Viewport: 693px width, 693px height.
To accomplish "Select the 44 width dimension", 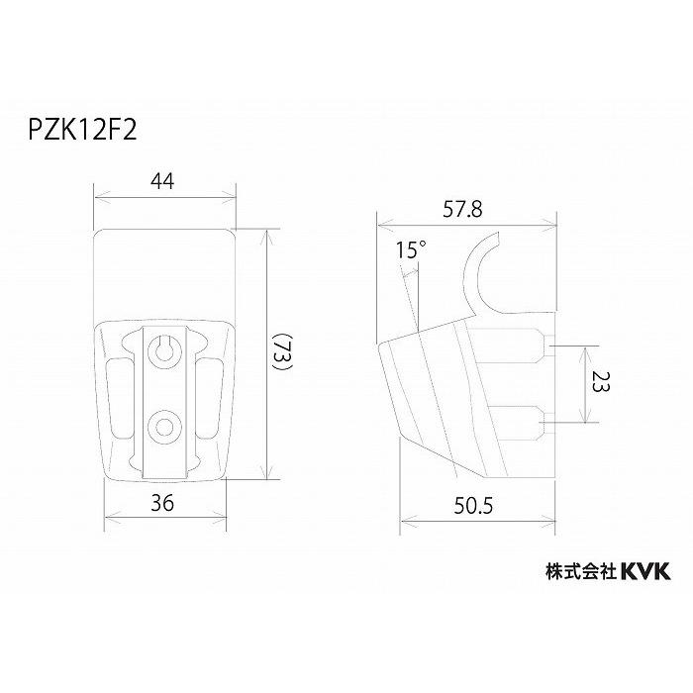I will coord(164,182).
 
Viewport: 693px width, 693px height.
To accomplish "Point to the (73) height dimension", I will coord(282,352).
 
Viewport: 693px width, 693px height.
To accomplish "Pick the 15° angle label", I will coord(408,250).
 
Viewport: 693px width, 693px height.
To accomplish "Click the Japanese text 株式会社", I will coord(581,571).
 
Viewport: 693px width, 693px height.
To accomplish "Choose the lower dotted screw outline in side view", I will coord(521,423).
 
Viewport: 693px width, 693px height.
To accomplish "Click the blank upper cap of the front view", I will coord(164,272).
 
